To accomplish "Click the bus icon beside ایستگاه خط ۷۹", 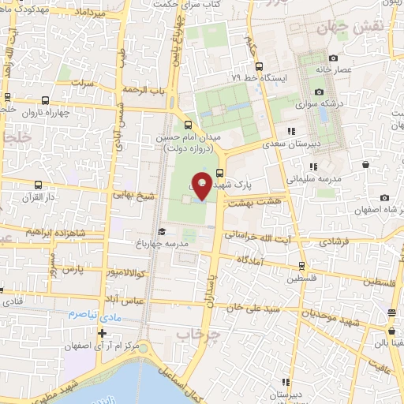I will click(x=265, y=66).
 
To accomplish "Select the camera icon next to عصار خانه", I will click(x=333, y=58).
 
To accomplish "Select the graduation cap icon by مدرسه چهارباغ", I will click(x=162, y=231).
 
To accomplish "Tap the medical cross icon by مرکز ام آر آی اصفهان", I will click(x=103, y=333).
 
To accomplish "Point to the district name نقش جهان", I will click(x=339, y=26).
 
